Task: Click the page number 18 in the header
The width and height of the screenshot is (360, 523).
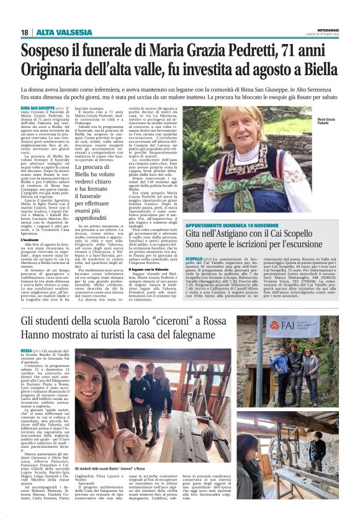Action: coord(25,32)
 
